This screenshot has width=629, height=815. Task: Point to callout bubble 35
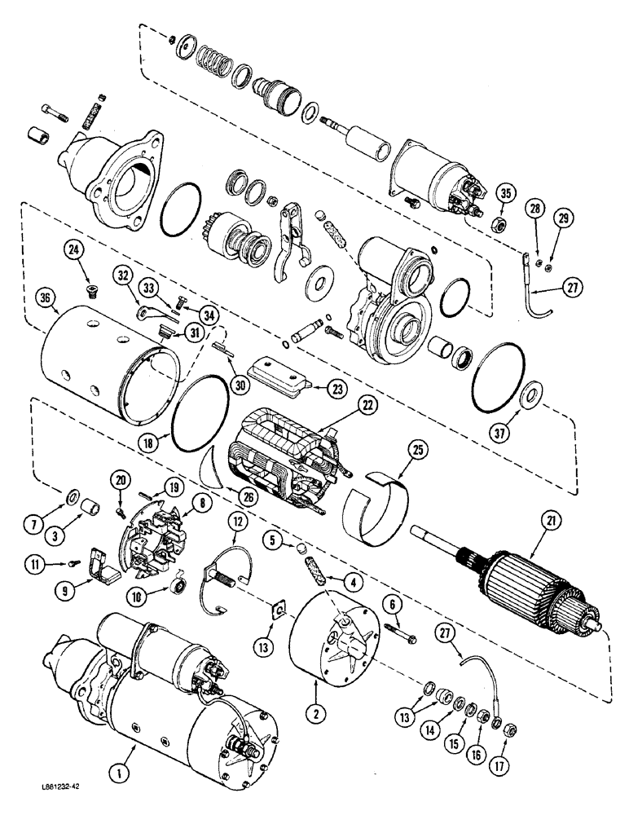(506, 194)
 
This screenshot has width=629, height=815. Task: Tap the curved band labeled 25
(374, 509)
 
